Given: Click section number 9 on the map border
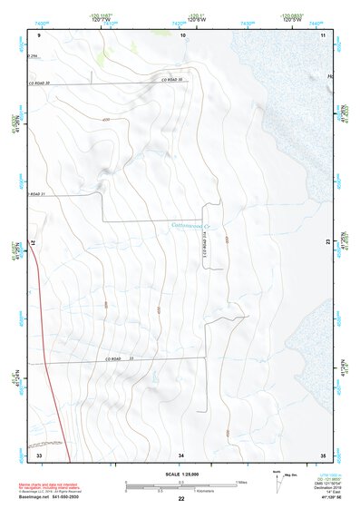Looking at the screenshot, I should tap(40, 34).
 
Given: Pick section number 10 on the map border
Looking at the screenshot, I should tap(183, 34).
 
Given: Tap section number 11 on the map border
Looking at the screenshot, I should tap(323, 34).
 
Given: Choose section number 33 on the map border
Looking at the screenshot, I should tap(40, 454).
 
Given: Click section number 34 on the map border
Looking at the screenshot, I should tap(182, 454).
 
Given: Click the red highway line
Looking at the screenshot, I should tap(44, 363).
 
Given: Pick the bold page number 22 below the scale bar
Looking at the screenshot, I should tap(181, 500).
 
